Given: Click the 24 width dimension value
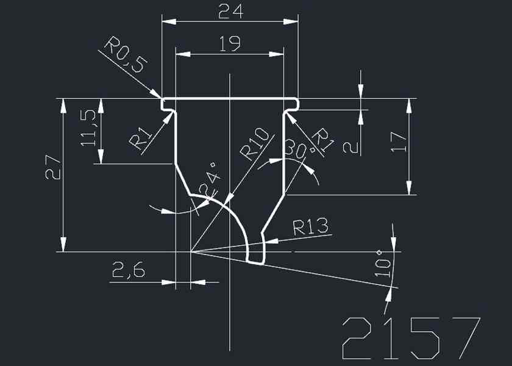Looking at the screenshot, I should (230, 12).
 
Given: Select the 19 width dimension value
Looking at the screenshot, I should (230, 43).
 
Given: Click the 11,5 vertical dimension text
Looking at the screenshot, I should (88, 127).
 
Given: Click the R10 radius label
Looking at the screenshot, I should (255, 143).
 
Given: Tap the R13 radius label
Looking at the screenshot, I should (311, 228).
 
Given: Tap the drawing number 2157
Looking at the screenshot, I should (411, 339).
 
